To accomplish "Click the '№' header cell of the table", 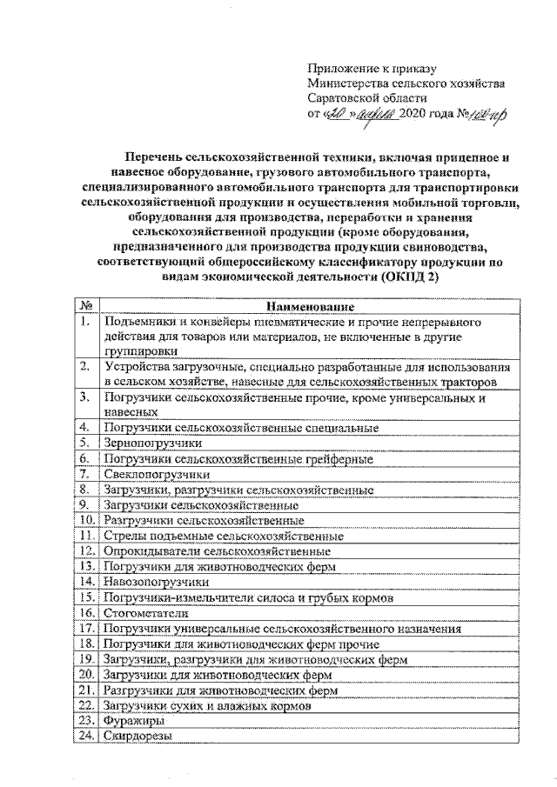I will pyautogui.click(x=86, y=306).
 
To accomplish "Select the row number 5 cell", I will pyautogui.click(x=85, y=444).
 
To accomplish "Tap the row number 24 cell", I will pyautogui.click(x=86, y=736).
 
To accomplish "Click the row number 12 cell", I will pyautogui.click(x=86, y=550).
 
